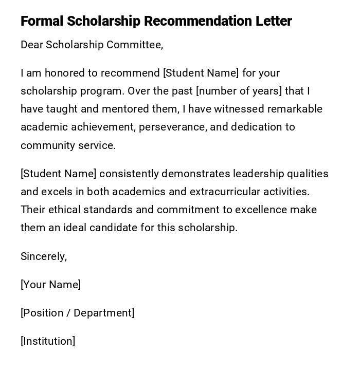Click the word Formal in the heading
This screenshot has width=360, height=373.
pyautogui.click(x=42, y=21)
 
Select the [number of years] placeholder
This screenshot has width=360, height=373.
pyautogui.click(x=239, y=91)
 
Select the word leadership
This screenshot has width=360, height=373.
pyautogui.click(x=259, y=174)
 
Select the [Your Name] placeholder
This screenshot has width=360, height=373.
pyautogui.click(x=50, y=285)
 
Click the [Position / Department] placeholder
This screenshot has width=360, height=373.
pyautogui.click(x=77, y=313)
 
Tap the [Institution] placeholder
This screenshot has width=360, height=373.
pyautogui.click(x=48, y=341)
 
